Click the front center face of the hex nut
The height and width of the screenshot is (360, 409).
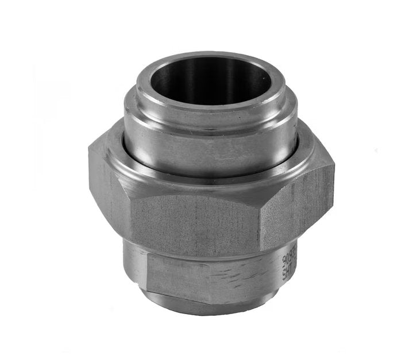click(195, 221)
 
